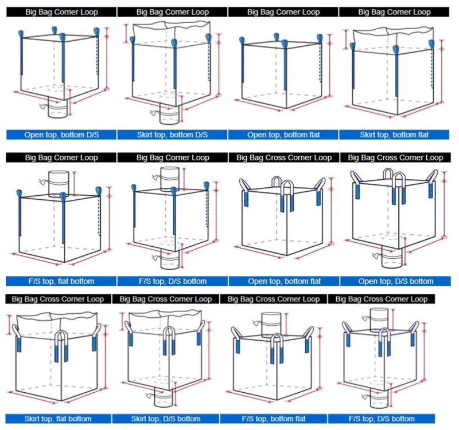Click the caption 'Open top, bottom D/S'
click(x=60, y=135)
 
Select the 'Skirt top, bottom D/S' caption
click(x=172, y=135)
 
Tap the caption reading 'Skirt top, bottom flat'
click(x=394, y=135)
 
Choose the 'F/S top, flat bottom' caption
click(x=60, y=281)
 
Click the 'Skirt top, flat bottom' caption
click(x=56, y=419)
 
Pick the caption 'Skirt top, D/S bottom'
click(x=166, y=419)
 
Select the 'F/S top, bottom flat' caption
click(x=274, y=419)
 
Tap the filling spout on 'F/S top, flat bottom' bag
click(x=59, y=182)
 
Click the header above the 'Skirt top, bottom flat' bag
click(x=394, y=11)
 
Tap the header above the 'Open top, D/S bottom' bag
click(x=395, y=157)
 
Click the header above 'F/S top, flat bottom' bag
click(x=60, y=157)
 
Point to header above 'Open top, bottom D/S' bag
click(x=60, y=11)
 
